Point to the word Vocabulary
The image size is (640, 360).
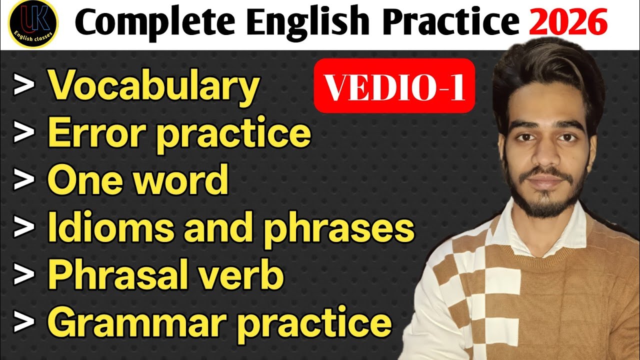pyautogui.click(x=153, y=86)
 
